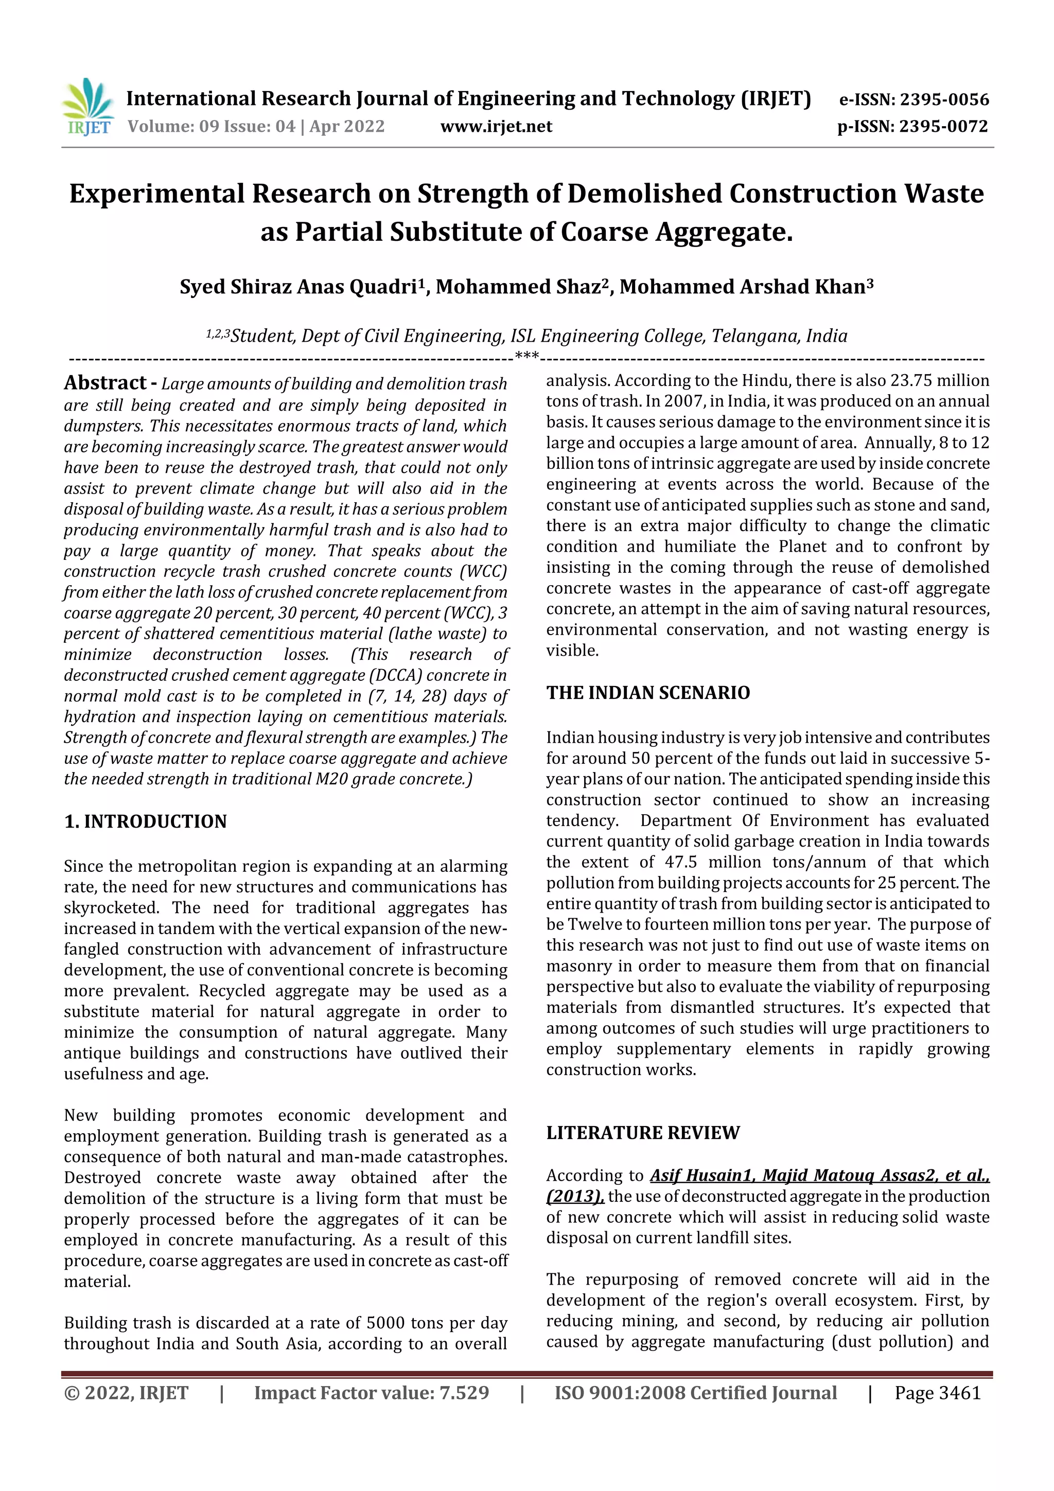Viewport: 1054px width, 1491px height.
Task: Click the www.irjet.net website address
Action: pos(496,126)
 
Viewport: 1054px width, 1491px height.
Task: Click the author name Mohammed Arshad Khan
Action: pos(742,286)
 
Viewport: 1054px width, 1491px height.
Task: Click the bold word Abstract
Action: pos(105,382)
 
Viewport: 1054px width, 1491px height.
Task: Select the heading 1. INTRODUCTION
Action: pos(146,821)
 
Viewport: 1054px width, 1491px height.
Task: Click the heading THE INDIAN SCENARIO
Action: pos(647,693)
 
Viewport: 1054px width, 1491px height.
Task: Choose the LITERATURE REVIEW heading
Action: pos(642,1133)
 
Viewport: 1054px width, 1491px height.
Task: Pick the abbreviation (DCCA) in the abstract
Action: pos(396,675)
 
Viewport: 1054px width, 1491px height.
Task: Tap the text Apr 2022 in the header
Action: pos(347,126)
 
